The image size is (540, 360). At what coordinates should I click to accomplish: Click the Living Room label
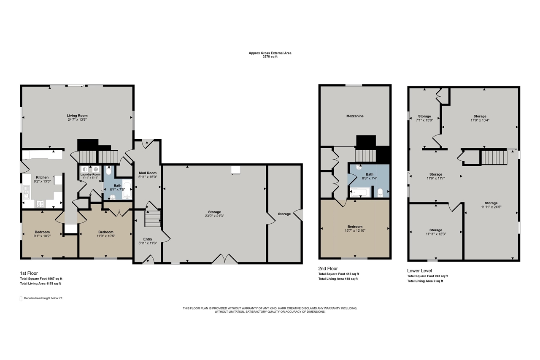[x=77, y=116]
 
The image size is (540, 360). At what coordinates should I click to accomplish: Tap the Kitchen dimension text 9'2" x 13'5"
[x=42, y=181]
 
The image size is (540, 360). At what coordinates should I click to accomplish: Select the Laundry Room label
[x=90, y=174]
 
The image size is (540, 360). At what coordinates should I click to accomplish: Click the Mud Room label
[x=148, y=173]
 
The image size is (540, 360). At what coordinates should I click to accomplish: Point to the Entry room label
[x=148, y=239]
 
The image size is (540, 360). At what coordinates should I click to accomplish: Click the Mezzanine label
[x=355, y=116]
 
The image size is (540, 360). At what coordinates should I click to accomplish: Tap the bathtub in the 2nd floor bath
[x=360, y=192]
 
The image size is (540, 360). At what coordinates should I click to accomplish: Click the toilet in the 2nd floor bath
[x=380, y=192]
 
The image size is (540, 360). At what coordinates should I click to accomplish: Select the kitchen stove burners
[x=40, y=204]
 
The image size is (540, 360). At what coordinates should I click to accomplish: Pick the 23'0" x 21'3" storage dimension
[x=214, y=216]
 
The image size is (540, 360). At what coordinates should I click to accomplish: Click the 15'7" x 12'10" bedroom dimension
[x=355, y=230]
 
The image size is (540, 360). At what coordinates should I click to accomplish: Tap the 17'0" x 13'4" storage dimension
[x=480, y=120]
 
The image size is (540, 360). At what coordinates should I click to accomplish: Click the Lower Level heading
[x=419, y=271]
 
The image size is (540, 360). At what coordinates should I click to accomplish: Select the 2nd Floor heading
[x=328, y=268]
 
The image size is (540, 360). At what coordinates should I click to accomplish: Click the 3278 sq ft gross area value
[x=270, y=57]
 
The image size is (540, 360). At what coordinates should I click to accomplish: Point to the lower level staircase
[x=494, y=157]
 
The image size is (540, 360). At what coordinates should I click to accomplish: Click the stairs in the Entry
[x=153, y=219]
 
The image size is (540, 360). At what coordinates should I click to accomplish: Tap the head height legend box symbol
[x=21, y=298]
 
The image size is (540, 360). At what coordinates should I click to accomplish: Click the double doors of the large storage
[x=225, y=259]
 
